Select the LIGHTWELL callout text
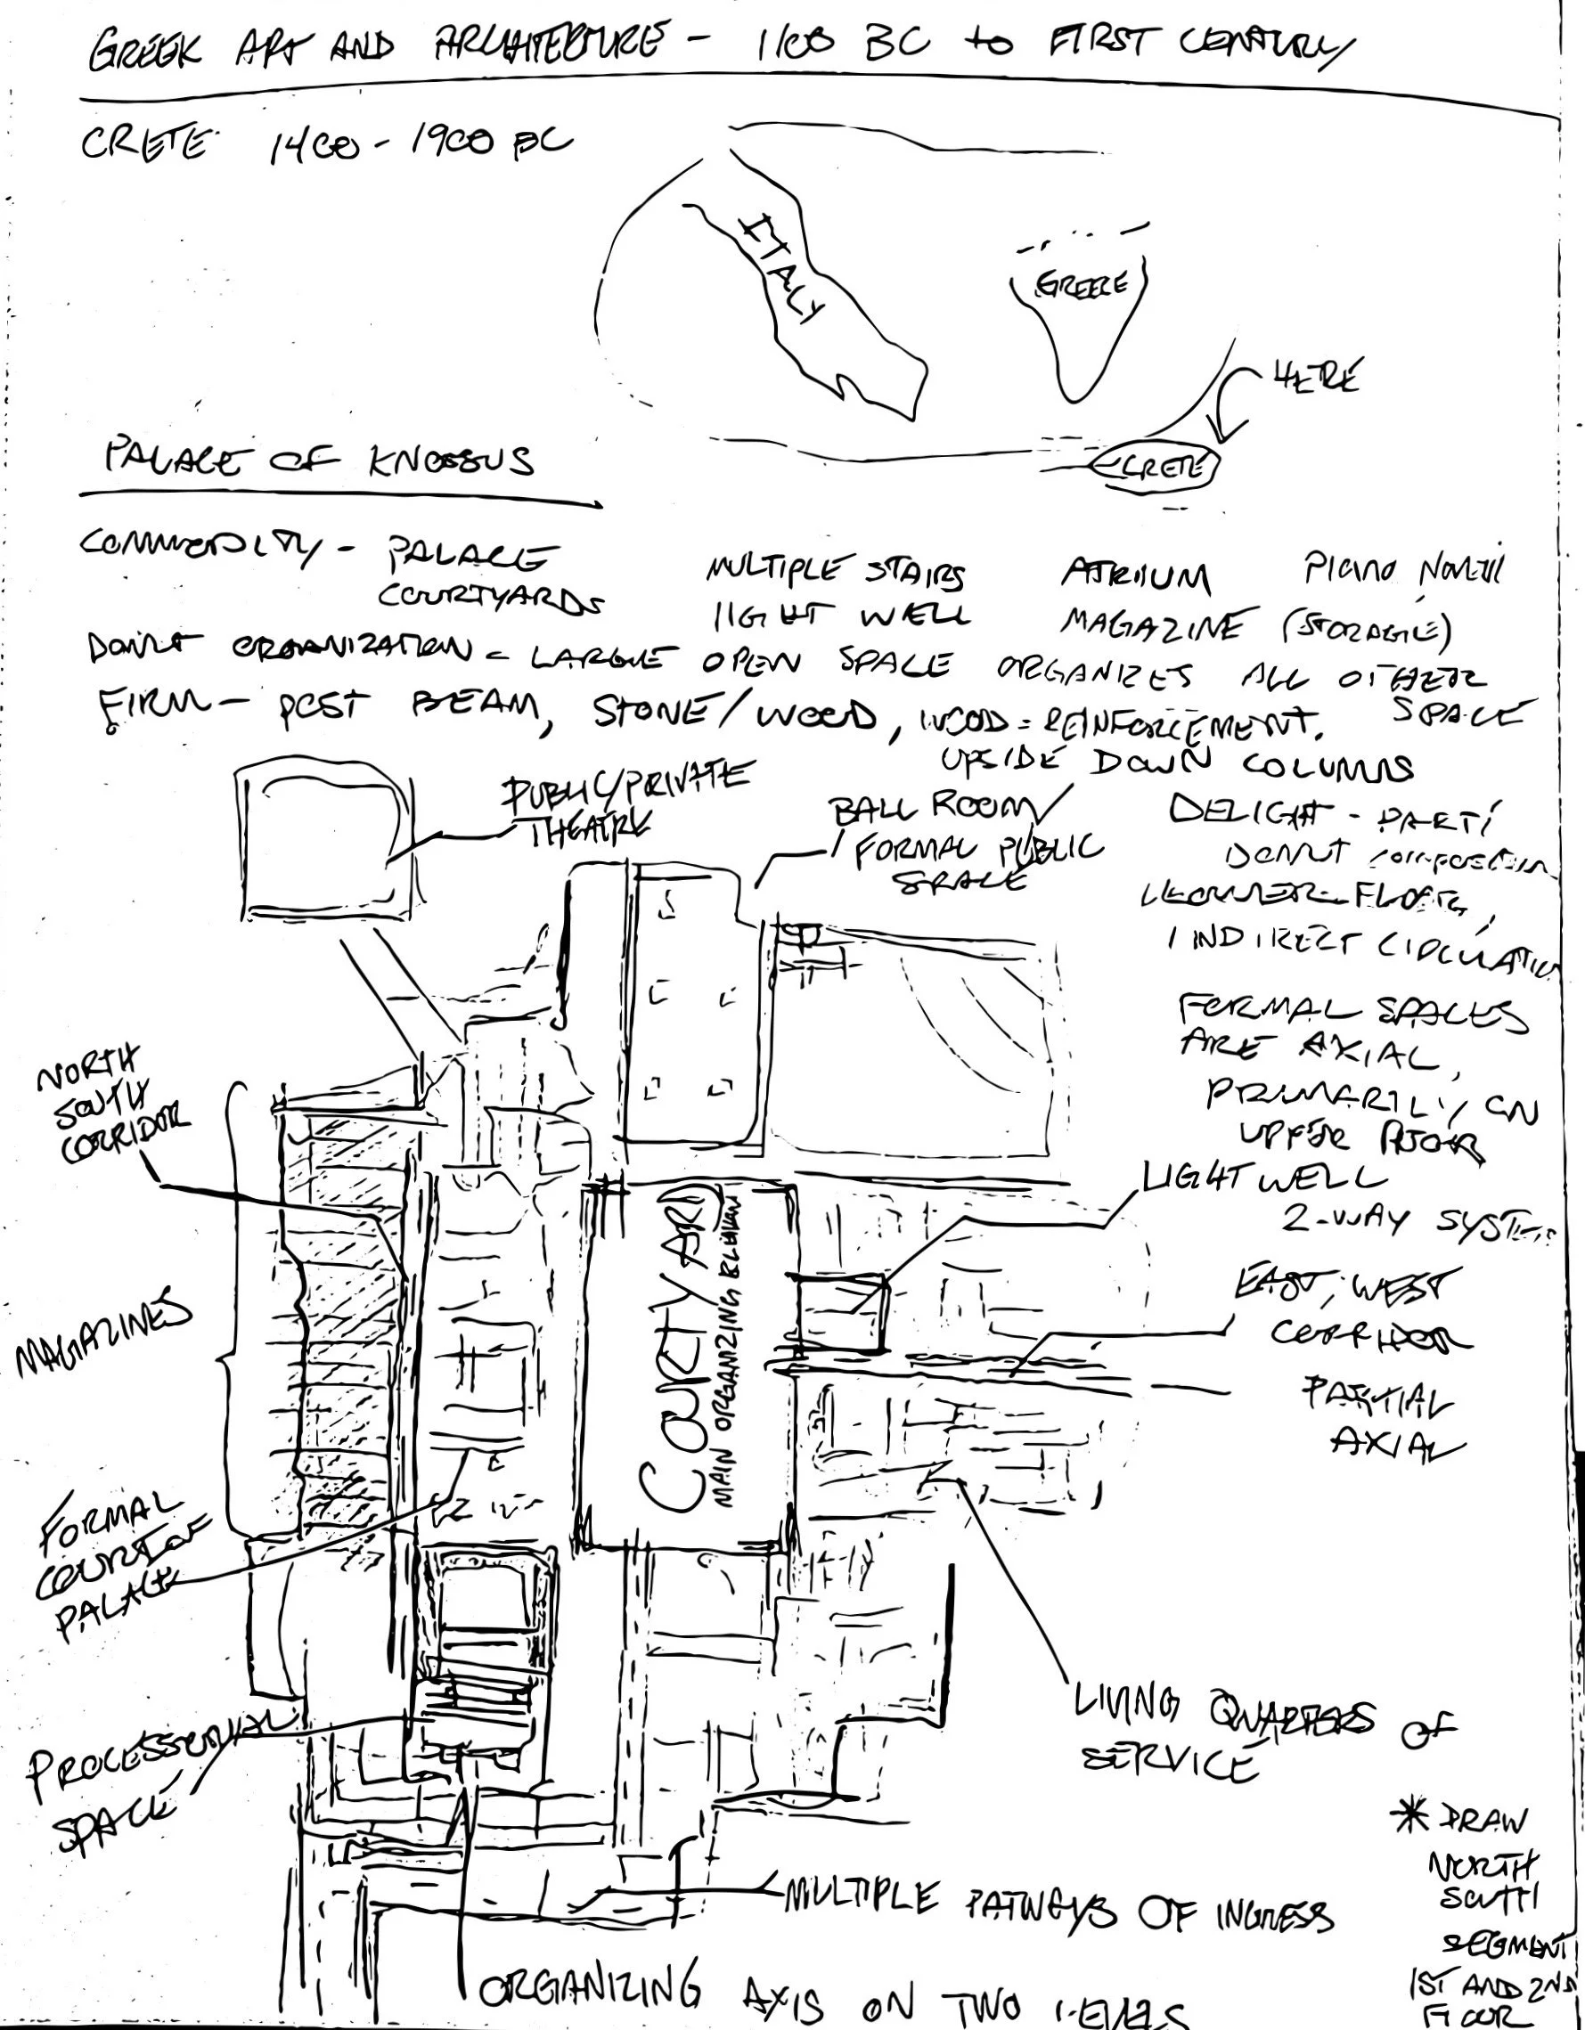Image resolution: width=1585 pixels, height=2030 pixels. point(1262,1178)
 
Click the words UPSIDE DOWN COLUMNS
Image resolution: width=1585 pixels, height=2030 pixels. point(1176,764)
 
